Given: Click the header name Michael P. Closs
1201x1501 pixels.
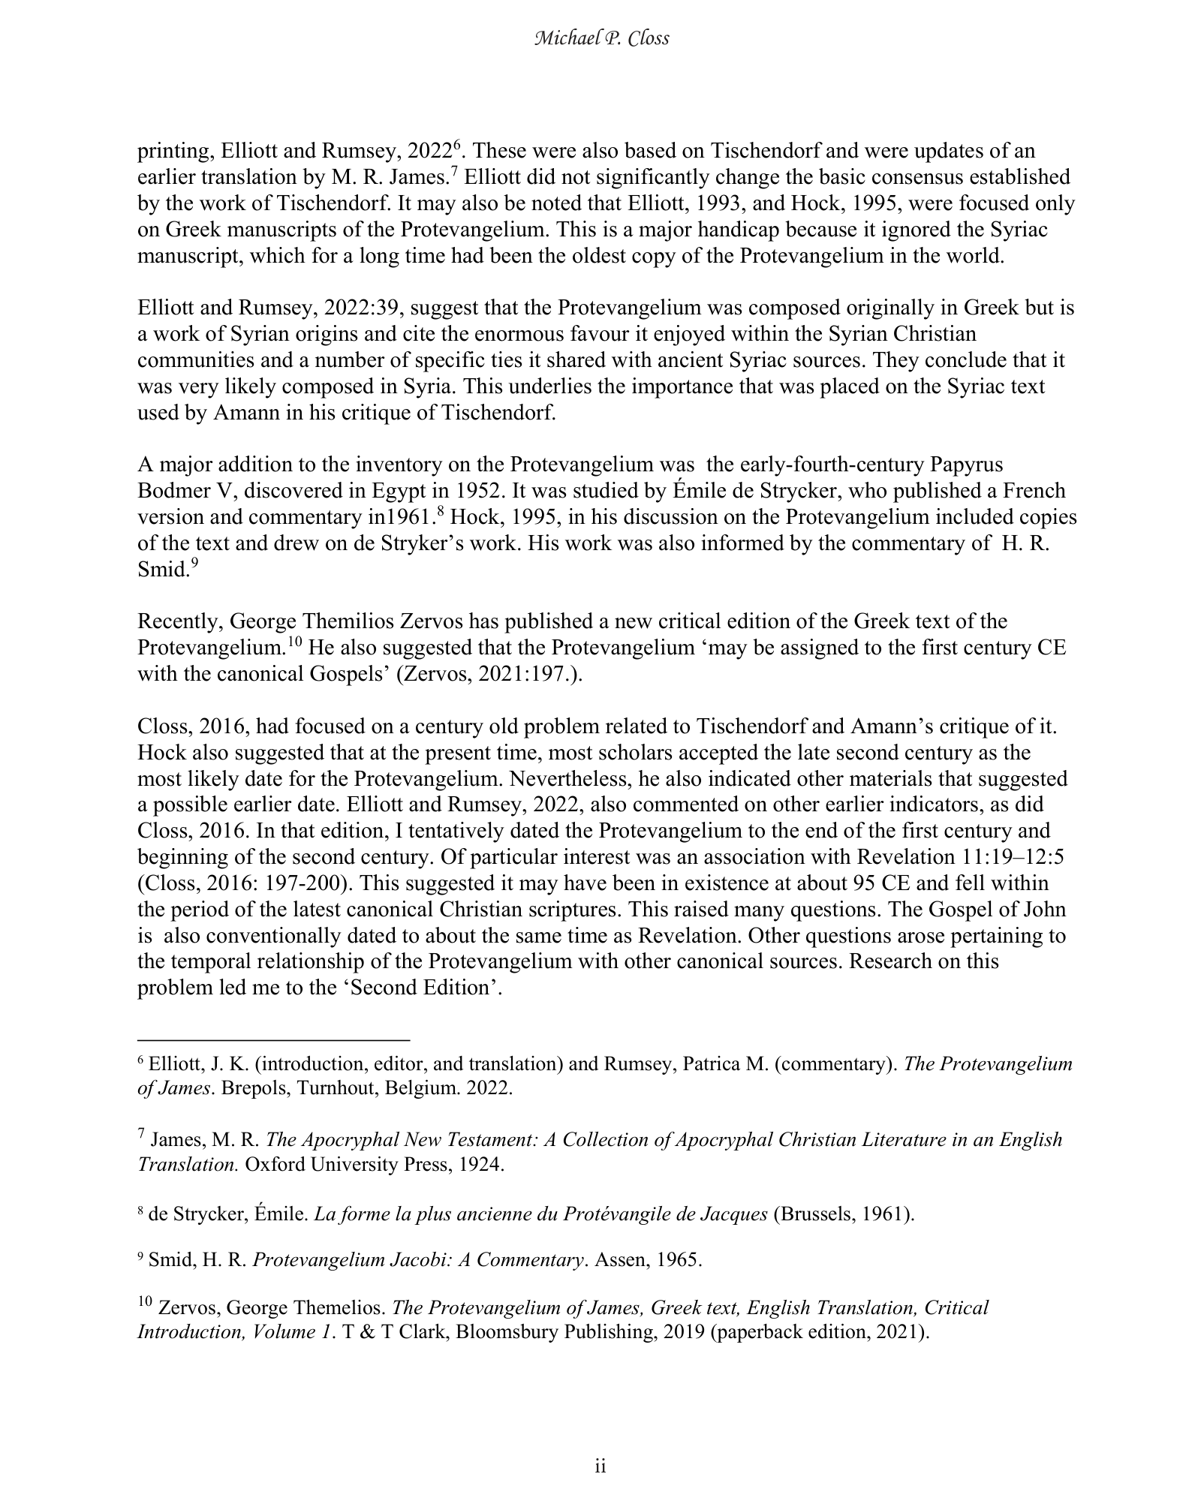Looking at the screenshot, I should (600, 38).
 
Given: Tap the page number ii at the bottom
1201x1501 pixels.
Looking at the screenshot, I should (600, 1466).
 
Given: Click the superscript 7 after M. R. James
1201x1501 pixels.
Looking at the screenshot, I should (452, 172).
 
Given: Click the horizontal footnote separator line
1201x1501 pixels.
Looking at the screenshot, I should (273, 1040).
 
